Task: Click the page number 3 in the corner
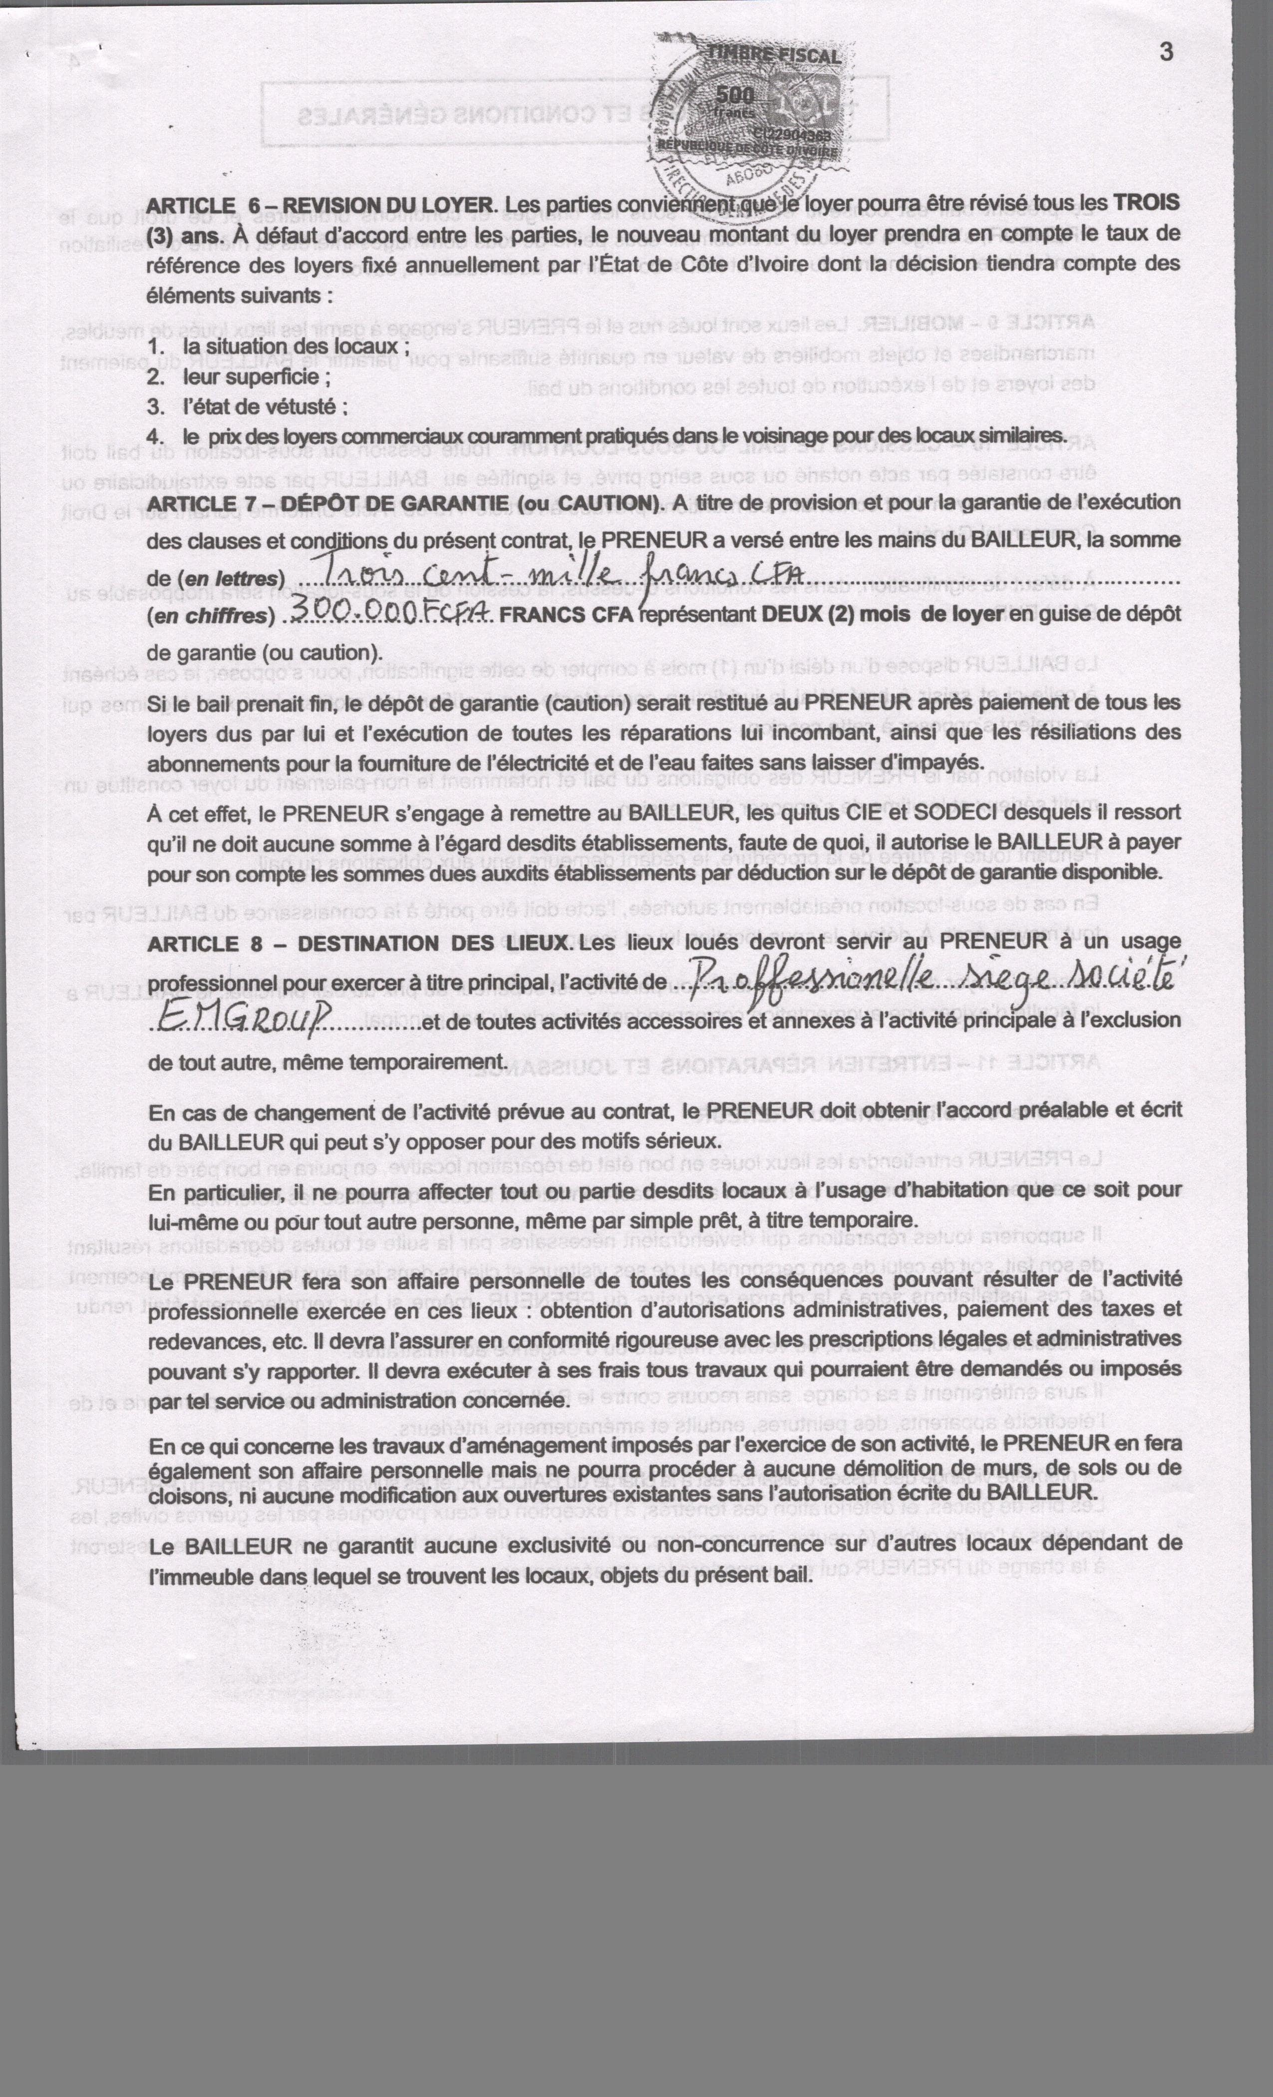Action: (1166, 52)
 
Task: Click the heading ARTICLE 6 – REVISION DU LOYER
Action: (320, 205)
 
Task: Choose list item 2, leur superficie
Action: (255, 377)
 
